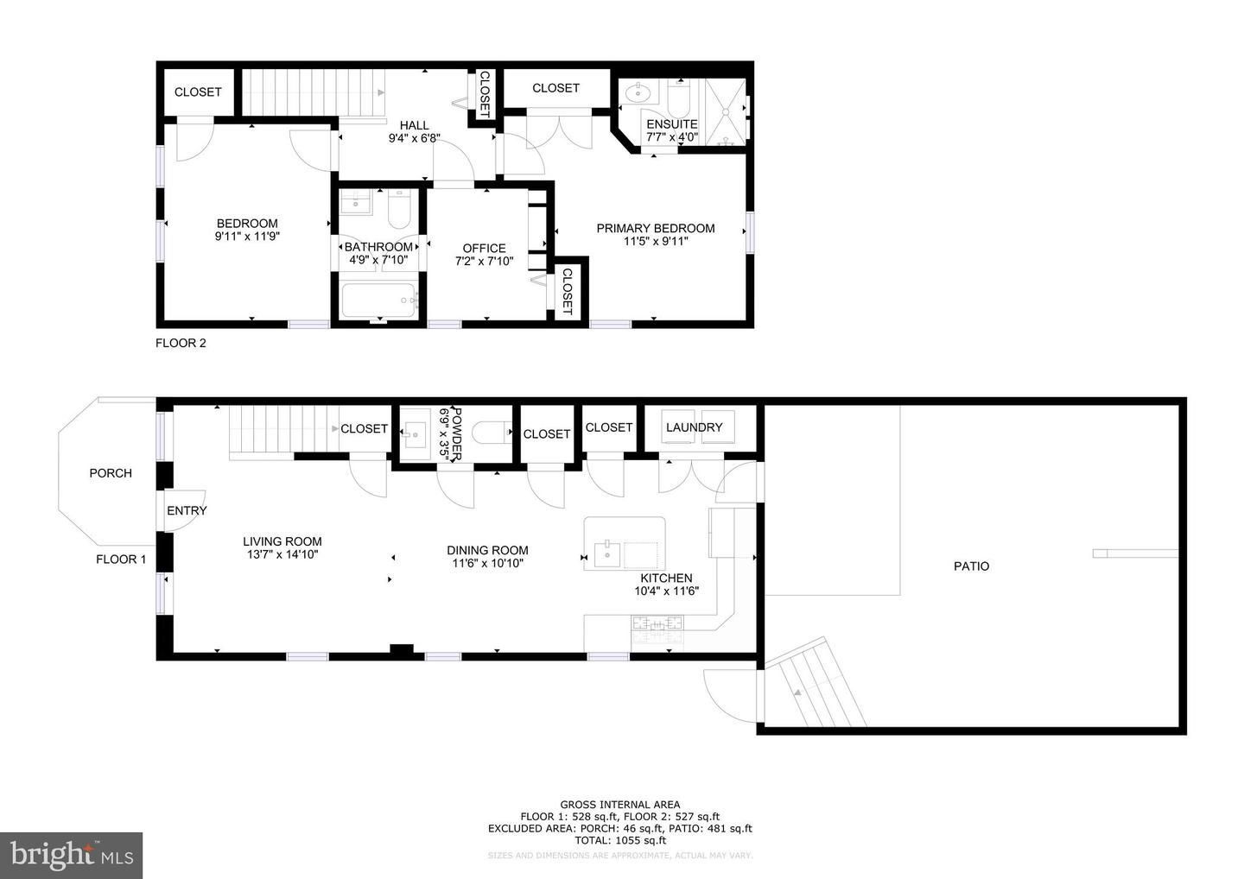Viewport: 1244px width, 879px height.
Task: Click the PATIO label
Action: [x=971, y=566]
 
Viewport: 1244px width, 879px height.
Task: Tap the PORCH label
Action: [x=111, y=473]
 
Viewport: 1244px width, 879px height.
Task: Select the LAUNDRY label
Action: [x=694, y=427]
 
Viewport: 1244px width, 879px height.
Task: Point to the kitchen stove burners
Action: [x=657, y=623]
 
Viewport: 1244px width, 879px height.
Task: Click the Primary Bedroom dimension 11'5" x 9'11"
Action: [x=656, y=242]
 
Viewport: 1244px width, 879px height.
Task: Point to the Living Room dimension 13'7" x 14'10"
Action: [x=282, y=555]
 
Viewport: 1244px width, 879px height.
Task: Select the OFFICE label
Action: [x=484, y=248]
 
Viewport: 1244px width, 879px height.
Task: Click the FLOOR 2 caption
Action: [x=181, y=343]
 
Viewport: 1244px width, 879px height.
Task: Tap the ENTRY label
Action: [x=187, y=510]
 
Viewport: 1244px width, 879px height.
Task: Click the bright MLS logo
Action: [x=71, y=855]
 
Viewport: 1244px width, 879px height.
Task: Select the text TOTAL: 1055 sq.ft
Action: [x=620, y=840]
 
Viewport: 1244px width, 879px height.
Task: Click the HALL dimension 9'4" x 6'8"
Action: [x=414, y=138]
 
